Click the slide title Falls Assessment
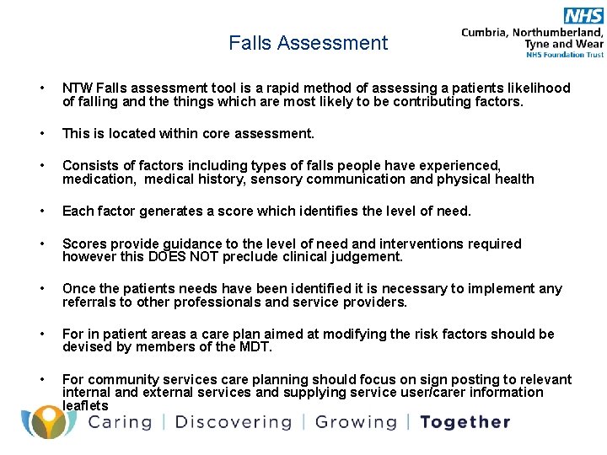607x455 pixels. pyautogui.click(x=308, y=43)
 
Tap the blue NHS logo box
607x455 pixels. pyautogui.click(x=583, y=15)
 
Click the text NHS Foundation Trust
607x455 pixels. pyautogui.click(x=564, y=55)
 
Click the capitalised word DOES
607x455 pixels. pyautogui.click(x=168, y=256)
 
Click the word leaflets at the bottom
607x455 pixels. pyautogui.click(x=85, y=406)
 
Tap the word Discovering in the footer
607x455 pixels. pyautogui.click(x=234, y=422)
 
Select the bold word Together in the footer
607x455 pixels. pyautogui.click(x=465, y=422)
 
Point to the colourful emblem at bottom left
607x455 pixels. pyautogui.click(x=49, y=421)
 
